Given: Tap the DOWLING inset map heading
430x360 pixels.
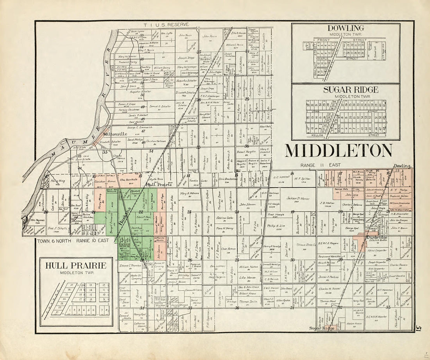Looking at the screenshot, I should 346,28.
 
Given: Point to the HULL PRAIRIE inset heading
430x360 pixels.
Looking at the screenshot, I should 76,265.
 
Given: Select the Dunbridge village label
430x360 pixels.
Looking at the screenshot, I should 377,237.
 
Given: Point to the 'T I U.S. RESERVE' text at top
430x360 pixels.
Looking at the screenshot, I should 161,25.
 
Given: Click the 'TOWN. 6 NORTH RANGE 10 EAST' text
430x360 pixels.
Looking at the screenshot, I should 73,241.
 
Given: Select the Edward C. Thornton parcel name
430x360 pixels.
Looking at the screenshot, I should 131,265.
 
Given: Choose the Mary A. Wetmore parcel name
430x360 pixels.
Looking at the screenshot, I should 190,193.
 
